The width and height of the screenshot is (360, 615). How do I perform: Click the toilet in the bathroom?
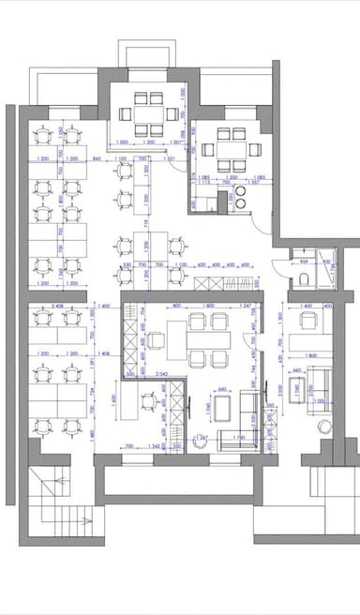pos(306,281)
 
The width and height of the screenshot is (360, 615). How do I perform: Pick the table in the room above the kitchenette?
pos(227,148)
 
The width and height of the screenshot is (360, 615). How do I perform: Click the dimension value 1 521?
pos(171,159)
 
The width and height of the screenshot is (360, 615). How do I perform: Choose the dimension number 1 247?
pos(246,307)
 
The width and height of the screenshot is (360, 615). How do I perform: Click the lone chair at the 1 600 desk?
pos(148,403)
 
